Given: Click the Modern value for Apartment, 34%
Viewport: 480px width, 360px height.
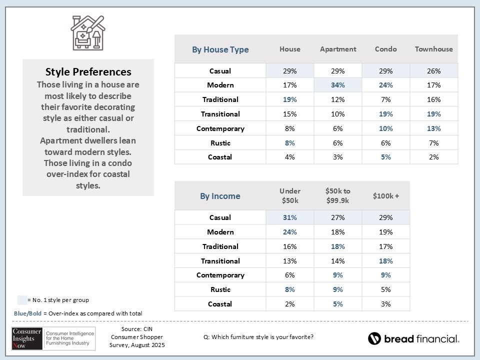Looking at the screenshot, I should pyautogui.click(x=337, y=85).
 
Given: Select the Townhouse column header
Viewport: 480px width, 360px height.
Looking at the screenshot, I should pyautogui.click(x=433, y=49).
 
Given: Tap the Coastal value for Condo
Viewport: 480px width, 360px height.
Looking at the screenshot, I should pyautogui.click(x=385, y=157).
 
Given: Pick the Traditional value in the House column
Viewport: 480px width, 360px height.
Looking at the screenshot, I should pyautogui.click(x=289, y=99).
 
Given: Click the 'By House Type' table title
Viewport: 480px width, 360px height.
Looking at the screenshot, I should pyautogui.click(x=220, y=49).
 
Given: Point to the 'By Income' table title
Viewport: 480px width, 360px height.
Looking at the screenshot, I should pyautogui.click(x=220, y=196).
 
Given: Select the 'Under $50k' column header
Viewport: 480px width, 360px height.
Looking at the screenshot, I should pyautogui.click(x=289, y=196).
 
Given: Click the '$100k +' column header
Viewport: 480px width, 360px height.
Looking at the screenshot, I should pyautogui.click(x=385, y=196).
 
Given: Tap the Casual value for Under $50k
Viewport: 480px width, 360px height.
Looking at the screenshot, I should pyautogui.click(x=289, y=217).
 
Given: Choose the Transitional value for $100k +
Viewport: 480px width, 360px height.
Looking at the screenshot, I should pyautogui.click(x=385, y=261).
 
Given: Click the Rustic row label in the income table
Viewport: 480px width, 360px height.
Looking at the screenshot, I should pyautogui.click(x=220, y=289).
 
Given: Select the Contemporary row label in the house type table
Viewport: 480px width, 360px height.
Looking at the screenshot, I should pyautogui.click(x=220, y=128).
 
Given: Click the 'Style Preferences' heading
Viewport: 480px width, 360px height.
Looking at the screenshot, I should pyautogui.click(x=88, y=72).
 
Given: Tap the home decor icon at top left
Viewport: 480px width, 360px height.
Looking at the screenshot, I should pyautogui.click(x=88, y=32).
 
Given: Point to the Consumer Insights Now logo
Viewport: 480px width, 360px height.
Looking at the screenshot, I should pyautogui.click(x=50, y=338).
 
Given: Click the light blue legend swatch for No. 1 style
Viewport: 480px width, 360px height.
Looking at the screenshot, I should pyautogui.click(x=22, y=300).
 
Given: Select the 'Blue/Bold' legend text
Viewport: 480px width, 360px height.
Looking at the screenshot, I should pyautogui.click(x=27, y=313).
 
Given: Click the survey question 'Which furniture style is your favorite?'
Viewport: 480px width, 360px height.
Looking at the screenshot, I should pyautogui.click(x=258, y=336).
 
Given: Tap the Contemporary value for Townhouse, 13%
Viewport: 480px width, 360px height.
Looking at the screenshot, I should pyautogui.click(x=433, y=128).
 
